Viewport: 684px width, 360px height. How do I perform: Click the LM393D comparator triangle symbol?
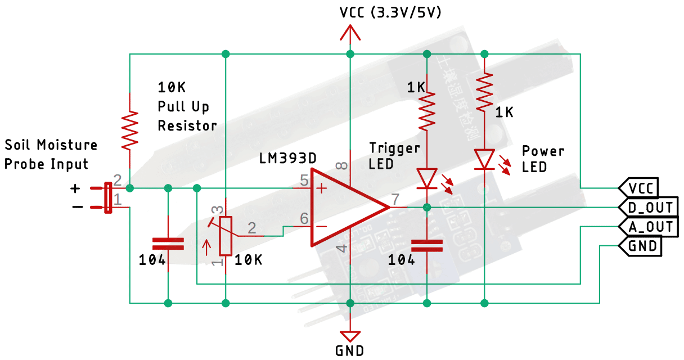(x=343, y=207)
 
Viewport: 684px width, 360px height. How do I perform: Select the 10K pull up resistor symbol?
(x=130, y=130)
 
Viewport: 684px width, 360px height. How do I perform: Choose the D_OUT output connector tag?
(x=648, y=208)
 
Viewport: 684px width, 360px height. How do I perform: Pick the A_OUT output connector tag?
(x=648, y=227)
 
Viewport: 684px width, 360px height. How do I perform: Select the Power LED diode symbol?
(x=484, y=159)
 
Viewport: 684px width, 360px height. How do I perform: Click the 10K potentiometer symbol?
(x=226, y=235)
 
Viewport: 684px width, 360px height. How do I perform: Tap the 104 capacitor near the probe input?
(x=168, y=244)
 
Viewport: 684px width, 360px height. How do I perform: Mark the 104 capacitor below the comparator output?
(x=427, y=245)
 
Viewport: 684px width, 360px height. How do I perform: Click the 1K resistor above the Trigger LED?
(x=427, y=110)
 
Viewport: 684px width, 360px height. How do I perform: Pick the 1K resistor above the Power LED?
(x=484, y=93)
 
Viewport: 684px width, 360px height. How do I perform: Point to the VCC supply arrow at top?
(x=350, y=34)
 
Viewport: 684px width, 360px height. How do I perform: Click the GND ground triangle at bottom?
(x=350, y=336)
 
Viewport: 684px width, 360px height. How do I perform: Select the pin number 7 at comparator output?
(x=395, y=199)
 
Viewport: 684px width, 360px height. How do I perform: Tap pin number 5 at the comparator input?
(x=304, y=181)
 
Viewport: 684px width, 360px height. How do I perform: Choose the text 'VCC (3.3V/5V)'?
(x=390, y=12)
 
